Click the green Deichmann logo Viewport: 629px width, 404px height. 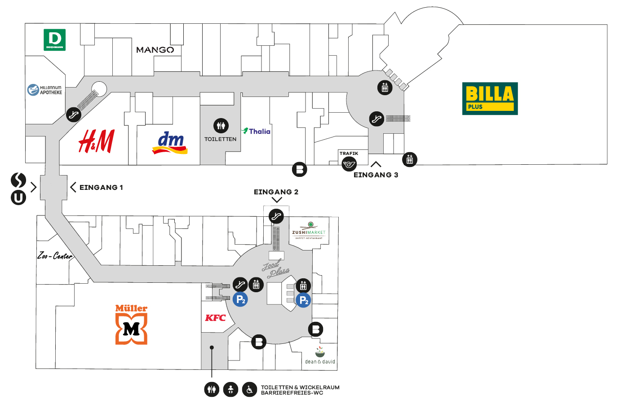[x=54, y=40]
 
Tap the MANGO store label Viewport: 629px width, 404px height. [x=155, y=50]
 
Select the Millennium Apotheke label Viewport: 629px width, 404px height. [x=45, y=90]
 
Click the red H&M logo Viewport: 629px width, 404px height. [x=97, y=141]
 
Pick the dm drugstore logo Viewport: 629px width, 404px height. [x=170, y=143]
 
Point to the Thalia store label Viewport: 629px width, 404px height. [x=256, y=131]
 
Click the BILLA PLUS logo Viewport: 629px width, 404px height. [x=490, y=98]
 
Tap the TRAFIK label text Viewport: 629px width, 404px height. [x=349, y=154]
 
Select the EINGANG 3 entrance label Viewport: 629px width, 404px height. [x=376, y=175]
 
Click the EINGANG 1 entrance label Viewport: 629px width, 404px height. [x=101, y=187]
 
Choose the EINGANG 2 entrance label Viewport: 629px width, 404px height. [x=276, y=192]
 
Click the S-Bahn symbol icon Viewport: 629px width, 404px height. [x=18, y=180]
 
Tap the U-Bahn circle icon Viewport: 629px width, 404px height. [x=18, y=198]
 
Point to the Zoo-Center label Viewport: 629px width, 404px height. [x=55, y=256]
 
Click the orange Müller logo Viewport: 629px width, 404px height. [x=131, y=324]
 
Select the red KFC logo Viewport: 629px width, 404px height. [x=215, y=318]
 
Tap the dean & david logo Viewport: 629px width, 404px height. [x=320, y=356]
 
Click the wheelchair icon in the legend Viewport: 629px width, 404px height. [x=249, y=390]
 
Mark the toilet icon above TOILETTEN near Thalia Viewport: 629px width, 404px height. [x=221, y=126]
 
